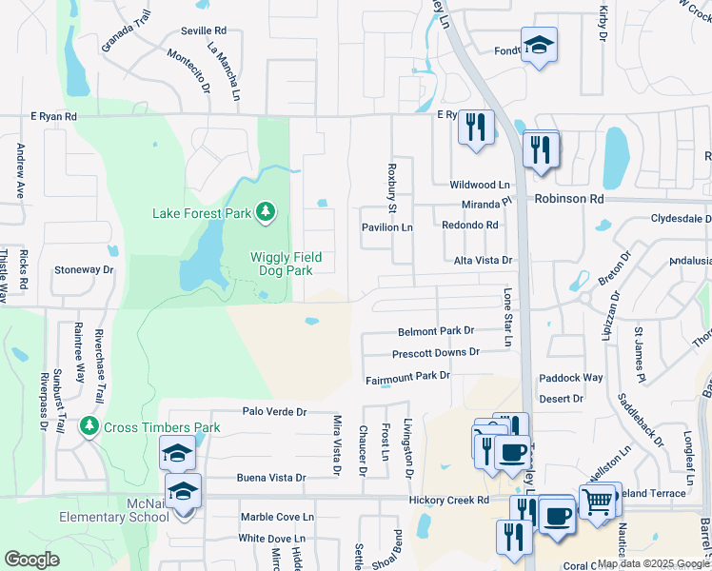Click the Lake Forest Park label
[201, 213]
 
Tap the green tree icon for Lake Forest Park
[268, 211]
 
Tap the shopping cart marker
[598, 501]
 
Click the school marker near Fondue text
[539, 47]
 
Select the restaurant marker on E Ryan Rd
[476, 128]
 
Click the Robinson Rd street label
[569, 199]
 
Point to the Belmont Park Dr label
[435, 330]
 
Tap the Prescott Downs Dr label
[436, 352]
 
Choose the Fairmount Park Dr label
[407, 377]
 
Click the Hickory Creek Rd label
[447, 499]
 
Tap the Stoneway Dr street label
[84, 270]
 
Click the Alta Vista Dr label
[482, 260]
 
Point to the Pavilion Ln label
[386, 227]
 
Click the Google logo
[32, 559]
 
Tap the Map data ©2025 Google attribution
[652, 563]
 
